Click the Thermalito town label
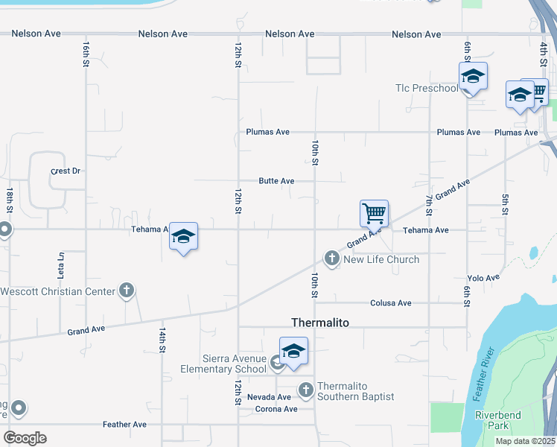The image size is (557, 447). [319, 323]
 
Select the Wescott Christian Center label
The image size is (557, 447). [58, 291]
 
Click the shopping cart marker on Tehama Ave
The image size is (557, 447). [374, 214]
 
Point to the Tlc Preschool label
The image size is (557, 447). [427, 89]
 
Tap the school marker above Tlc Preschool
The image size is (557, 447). [472, 77]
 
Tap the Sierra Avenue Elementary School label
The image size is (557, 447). [223, 363]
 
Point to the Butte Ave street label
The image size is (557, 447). [277, 181]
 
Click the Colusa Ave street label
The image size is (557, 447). [391, 303]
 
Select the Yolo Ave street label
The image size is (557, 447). [483, 278]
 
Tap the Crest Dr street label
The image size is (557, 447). [65, 171]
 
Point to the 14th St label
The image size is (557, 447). [162, 339]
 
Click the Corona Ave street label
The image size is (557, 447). [276, 409]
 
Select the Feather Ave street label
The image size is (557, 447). [125, 425]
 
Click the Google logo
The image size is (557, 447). [25, 438]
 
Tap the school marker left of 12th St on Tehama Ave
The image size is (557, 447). [183, 237]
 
